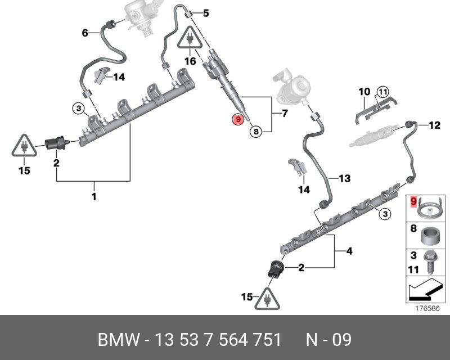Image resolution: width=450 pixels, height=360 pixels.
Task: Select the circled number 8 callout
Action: tap(255, 132)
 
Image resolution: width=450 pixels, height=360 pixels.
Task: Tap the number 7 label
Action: tap(284, 114)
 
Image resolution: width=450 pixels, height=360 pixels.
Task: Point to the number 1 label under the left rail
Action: tap(94, 197)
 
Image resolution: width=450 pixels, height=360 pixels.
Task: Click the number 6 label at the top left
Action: tap(85, 33)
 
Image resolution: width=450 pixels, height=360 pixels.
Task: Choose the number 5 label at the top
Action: tap(205, 12)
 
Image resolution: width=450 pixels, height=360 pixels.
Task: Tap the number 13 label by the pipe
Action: tap(344, 178)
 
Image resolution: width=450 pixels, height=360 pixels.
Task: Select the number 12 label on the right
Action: tap(434, 125)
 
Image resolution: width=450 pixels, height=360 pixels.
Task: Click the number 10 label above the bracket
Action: tap(364, 92)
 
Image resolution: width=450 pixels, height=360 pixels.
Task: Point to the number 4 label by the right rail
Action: tap(349, 251)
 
